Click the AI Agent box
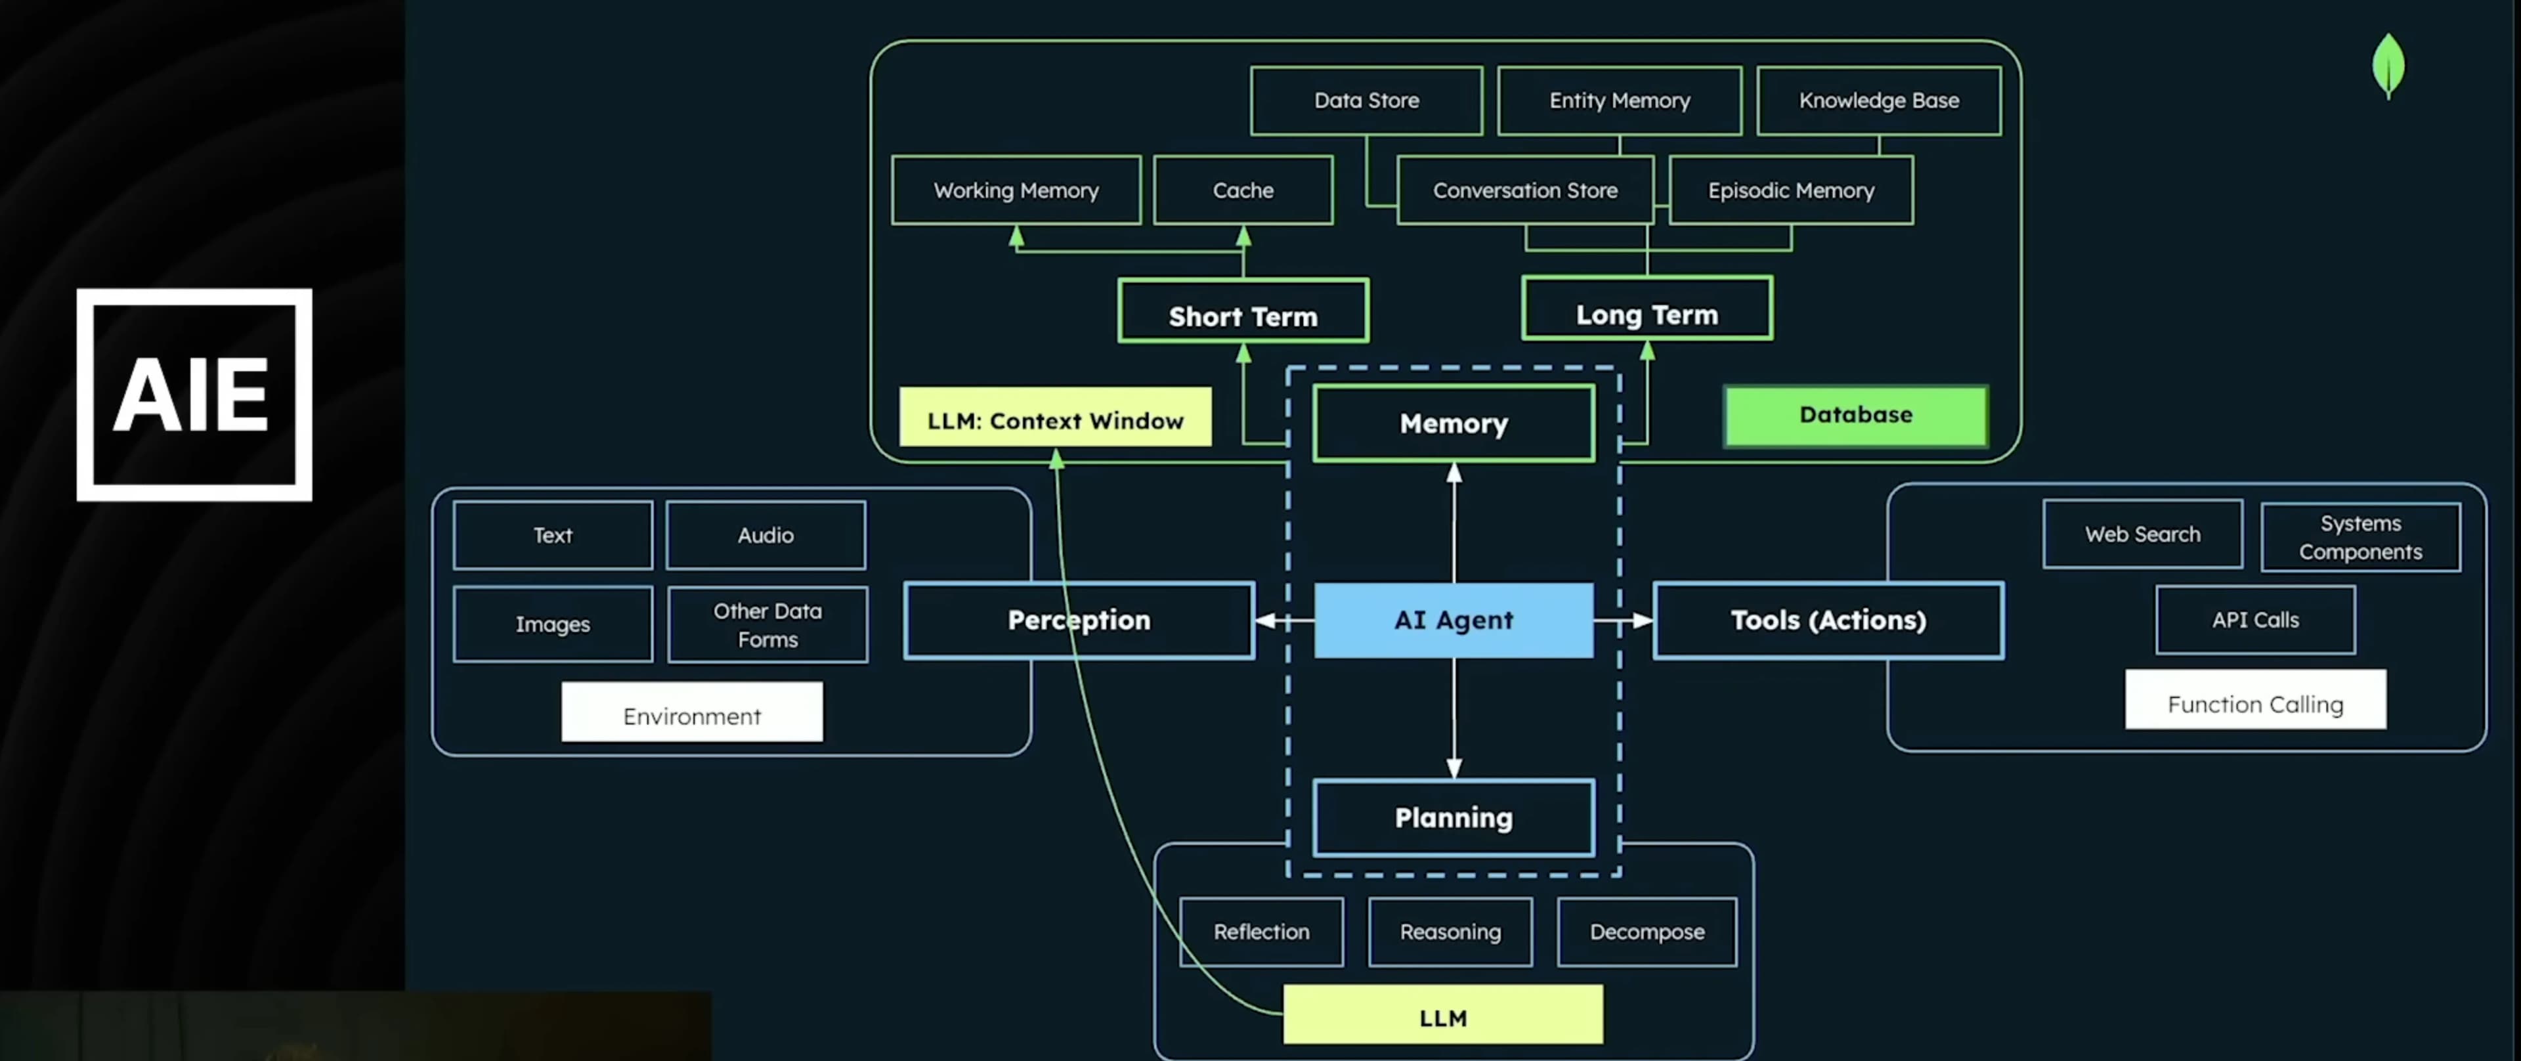point(1454,620)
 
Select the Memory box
point(1454,423)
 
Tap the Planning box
point(1454,817)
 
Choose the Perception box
point(1079,620)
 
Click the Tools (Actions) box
point(1828,620)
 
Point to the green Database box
point(1855,415)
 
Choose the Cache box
point(1243,190)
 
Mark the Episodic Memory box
point(1791,190)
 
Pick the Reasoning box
point(1450,932)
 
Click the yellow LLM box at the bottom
point(1442,1015)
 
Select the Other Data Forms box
point(767,624)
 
